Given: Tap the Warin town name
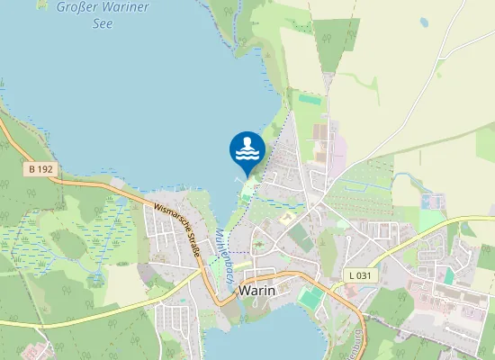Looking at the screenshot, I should point(258,291).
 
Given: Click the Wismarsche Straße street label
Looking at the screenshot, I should point(176,230).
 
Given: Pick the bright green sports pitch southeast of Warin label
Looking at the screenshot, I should point(311,296).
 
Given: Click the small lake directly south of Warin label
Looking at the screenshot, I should point(270,333).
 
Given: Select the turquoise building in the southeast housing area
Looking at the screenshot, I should point(448,275).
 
